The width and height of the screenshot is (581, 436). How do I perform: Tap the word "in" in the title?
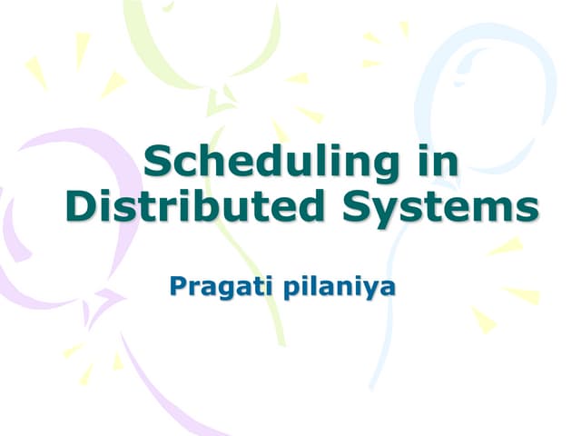tap(433, 163)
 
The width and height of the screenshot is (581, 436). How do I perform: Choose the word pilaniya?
tap(342, 290)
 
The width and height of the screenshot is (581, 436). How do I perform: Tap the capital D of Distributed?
tap(81, 206)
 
